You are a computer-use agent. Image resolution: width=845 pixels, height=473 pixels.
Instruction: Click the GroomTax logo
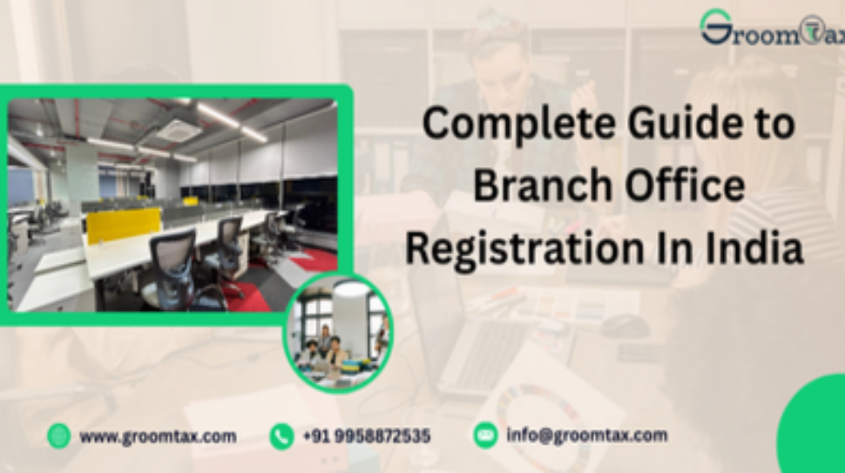tap(771, 30)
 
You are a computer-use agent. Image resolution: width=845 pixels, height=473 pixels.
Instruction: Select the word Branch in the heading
tap(531, 186)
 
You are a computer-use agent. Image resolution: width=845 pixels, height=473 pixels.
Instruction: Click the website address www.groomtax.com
tap(158, 436)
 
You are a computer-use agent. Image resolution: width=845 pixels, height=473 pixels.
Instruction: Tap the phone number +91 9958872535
tap(367, 436)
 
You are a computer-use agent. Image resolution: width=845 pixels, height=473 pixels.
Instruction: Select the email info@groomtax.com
tap(587, 435)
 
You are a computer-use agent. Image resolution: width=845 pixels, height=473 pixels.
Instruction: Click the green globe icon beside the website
tap(59, 436)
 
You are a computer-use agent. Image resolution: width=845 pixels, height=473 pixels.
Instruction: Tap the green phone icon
tap(281, 436)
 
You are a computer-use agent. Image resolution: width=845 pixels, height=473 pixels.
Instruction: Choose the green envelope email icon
tap(485, 435)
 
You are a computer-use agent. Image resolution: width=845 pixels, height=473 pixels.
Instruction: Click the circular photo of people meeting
tap(338, 330)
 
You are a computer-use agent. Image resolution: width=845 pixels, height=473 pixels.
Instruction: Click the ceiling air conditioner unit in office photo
tap(179, 130)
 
